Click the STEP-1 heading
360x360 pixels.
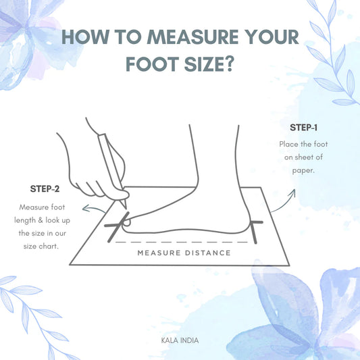(x=303, y=128)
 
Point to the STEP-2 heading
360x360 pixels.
(x=45, y=188)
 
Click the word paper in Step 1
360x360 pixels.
(x=303, y=171)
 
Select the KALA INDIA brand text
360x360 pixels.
(x=180, y=340)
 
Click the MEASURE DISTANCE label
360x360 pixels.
(x=184, y=253)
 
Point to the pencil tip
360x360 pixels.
(x=126, y=208)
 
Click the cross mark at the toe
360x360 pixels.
(x=117, y=226)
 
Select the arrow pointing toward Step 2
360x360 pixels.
(x=93, y=209)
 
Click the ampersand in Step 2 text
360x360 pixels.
(x=41, y=220)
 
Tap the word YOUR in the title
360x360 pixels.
(x=272, y=36)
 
